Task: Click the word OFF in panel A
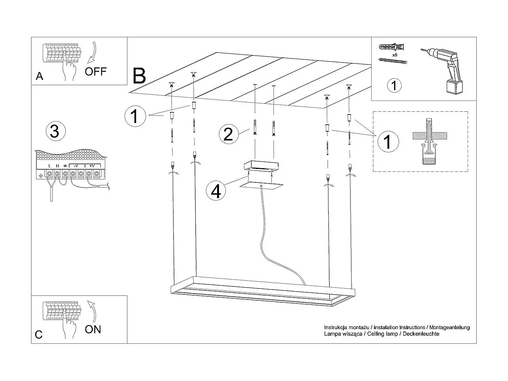pyautogui.click(x=96, y=71)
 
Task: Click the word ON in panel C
pyautogui.click(x=93, y=329)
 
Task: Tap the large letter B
pyautogui.click(x=139, y=76)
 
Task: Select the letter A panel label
pyautogui.click(x=40, y=76)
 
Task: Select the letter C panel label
pyautogui.click(x=38, y=335)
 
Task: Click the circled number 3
pyautogui.click(x=55, y=131)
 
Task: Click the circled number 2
pyautogui.click(x=228, y=135)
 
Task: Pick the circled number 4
pyautogui.click(x=215, y=191)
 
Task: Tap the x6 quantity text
pyautogui.click(x=395, y=55)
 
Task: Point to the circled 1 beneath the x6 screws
pyautogui.click(x=394, y=85)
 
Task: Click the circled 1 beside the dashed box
pyautogui.click(x=387, y=141)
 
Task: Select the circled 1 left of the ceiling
pyautogui.click(x=134, y=116)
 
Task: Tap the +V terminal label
pyautogui.click(x=92, y=166)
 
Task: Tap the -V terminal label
pyautogui.click(x=76, y=166)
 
